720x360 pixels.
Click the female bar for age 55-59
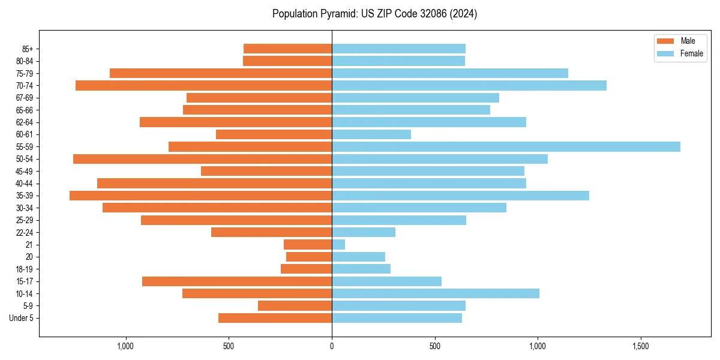click(506, 146)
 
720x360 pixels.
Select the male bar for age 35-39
click(200, 196)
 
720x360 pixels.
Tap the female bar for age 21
click(338, 244)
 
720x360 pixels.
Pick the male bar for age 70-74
click(203, 85)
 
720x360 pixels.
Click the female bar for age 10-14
click(436, 293)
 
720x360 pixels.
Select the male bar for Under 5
click(275, 318)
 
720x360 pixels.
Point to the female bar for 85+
click(398, 49)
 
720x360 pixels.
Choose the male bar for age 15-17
click(237, 281)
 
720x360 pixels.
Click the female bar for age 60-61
click(371, 134)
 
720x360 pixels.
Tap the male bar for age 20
click(309, 257)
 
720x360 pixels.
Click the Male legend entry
click(688, 41)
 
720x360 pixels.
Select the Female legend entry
click(691, 53)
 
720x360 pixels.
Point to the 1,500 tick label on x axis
click(641, 347)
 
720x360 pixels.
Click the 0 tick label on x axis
click(332, 347)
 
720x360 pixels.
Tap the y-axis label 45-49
click(24, 171)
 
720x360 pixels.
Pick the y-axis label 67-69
click(24, 98)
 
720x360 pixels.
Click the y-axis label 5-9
click(28, 306)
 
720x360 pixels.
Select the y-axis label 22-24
click(24, 232)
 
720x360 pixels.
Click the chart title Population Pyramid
click(374, 14)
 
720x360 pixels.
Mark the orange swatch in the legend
click(665, 41)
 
